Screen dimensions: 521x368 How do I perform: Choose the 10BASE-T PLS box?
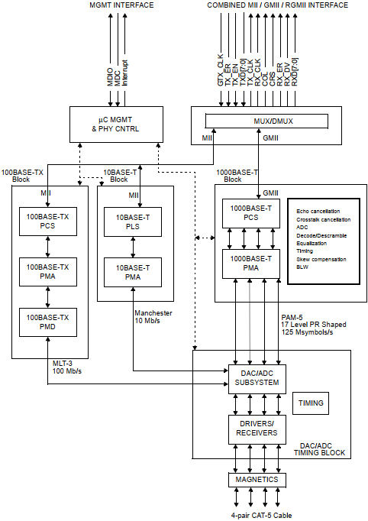(x=133, y=223)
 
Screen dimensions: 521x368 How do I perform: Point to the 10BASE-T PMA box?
(x=133, y=271)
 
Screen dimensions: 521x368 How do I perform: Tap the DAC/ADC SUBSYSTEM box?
(x=256, y=377)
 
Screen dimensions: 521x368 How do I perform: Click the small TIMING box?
(x=311, y=403)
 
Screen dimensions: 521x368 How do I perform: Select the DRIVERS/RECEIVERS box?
(x=256, y=429)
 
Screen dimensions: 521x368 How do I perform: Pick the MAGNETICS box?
(x=257, y=480)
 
